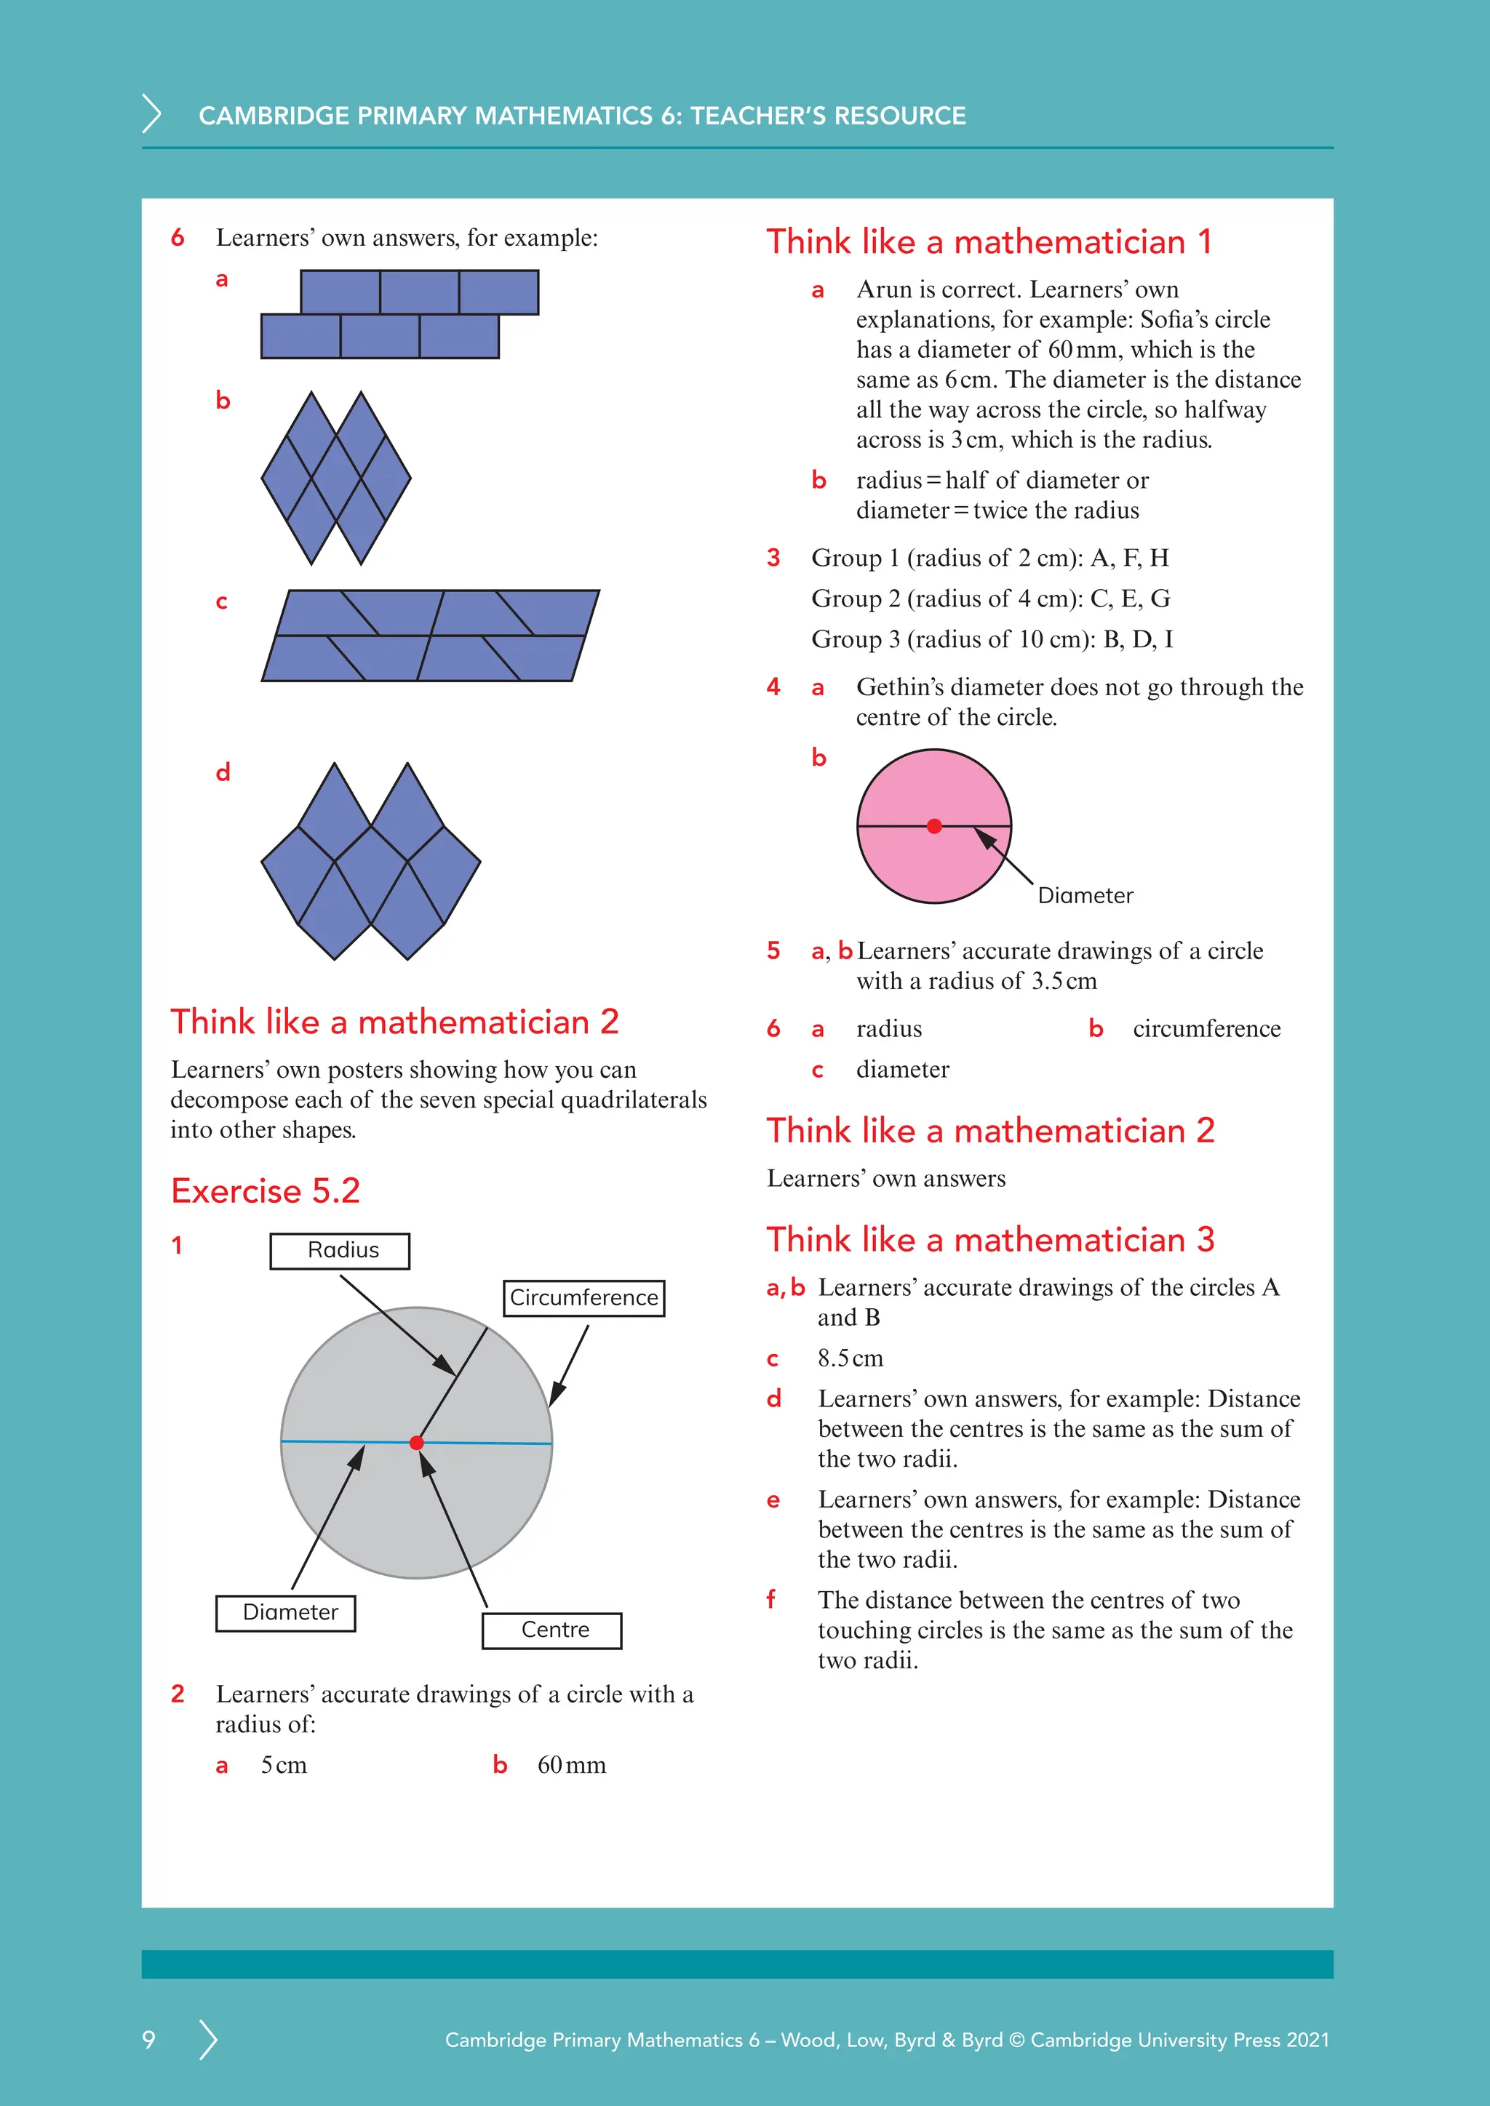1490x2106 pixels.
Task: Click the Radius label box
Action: click(340, 1250)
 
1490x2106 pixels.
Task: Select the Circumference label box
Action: click(583, 1298)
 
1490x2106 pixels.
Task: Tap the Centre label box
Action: click(552, 1630)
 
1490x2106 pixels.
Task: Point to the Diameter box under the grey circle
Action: click(286, 1612)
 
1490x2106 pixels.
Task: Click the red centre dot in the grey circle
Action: click(417, 1443)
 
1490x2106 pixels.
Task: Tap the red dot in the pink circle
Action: click(934, 826)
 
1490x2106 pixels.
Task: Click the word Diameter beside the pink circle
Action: click(1085, 896)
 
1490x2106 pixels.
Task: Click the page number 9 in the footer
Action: click(148, 2039)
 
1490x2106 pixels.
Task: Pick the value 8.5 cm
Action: click(850, 1358)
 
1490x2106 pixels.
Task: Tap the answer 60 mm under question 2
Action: click(572, 1765)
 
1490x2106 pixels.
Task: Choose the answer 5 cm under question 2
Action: click(284, 1765)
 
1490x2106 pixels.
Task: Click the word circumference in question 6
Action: click(1206, 1029)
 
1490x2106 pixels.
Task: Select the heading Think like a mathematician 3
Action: click(990, 1239)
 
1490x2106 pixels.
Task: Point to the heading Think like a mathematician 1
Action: click(989, 242)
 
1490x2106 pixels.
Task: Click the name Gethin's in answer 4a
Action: click(899, 687)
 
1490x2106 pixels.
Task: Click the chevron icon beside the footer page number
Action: click(208, 2039)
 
